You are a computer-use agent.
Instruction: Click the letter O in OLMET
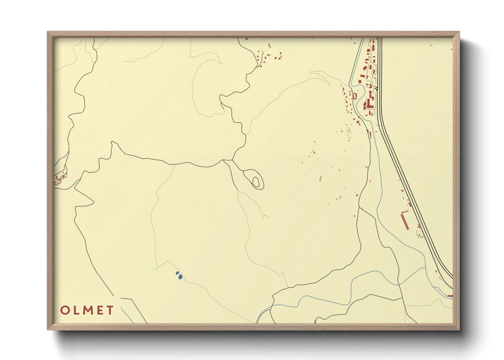point(65,310)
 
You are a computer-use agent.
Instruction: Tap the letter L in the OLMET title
point(76,310)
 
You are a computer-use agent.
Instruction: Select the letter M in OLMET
point(87,310)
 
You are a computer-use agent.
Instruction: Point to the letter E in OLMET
point(99,310)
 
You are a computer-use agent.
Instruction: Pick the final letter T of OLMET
point(110,310)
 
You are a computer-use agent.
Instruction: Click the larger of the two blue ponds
point(180,277)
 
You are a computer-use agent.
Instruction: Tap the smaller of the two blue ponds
point(177,273)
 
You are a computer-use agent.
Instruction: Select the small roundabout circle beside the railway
point(377,88)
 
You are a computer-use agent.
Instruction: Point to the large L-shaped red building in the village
point(369,102)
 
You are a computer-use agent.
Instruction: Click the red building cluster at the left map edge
point(60,177)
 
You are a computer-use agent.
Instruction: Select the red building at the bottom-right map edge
point(450,296)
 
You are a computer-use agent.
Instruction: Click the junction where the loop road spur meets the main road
point(232,160)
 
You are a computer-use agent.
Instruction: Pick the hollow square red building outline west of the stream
point(354,96)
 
